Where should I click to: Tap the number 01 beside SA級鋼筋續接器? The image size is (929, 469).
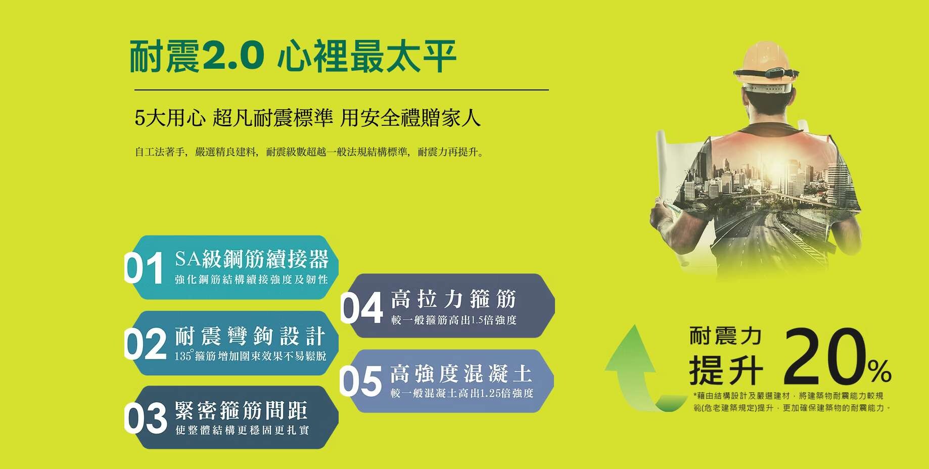point(145,268)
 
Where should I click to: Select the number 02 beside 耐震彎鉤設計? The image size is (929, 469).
point(146,344)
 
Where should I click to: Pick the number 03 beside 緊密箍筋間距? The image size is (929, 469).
point(146,417)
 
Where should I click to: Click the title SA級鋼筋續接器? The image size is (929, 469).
point(252,259)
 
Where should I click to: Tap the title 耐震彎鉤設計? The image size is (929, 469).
point(250,336)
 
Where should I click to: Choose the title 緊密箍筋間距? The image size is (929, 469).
point(241,410)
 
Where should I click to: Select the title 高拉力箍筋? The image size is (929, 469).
point(453,299)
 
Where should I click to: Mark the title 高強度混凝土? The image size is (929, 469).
point(461,373)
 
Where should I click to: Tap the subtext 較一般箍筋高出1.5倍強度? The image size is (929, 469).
point(453,320)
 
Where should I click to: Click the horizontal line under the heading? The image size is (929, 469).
point(342,90)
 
